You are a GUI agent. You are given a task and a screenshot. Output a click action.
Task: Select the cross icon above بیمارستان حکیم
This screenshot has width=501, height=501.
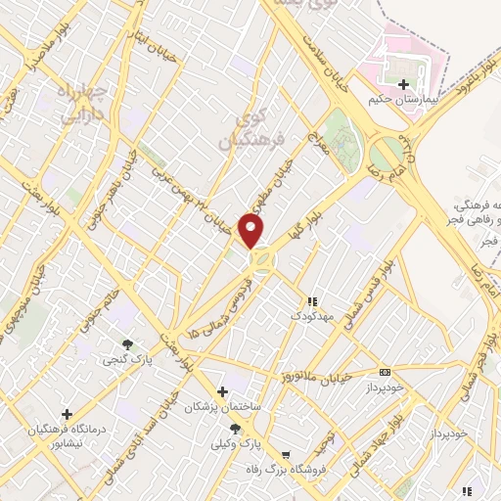click(403, 83)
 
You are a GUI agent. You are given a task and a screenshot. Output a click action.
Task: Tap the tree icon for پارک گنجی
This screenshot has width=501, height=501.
click(128, 343)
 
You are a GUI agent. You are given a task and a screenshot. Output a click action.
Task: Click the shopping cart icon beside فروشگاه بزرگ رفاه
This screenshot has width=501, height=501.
click(285, 455)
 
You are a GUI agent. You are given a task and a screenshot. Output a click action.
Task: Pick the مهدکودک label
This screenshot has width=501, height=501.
click(312, 316)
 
